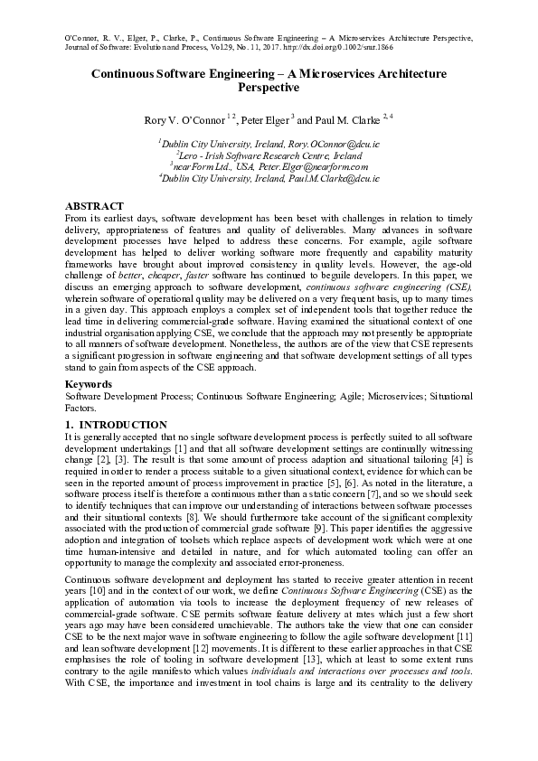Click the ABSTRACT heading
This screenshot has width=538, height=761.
94,206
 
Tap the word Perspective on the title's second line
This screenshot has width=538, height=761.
268,88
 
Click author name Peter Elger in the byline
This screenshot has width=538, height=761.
265,120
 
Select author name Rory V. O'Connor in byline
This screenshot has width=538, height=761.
185,120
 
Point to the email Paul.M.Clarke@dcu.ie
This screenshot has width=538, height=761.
335,179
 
